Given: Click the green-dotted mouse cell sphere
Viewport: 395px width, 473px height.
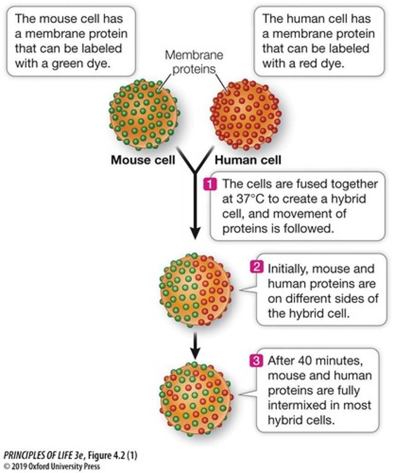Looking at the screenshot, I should pyautogui.click(x=144, y=114).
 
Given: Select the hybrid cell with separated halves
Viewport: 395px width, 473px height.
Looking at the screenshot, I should pyautogui.click(x=195, y=290).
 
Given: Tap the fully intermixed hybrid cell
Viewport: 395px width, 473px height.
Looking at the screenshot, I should pyautogui.click(x=195, y=398).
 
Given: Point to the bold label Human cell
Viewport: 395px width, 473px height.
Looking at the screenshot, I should pyautogui.click(x=248, y=160).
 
